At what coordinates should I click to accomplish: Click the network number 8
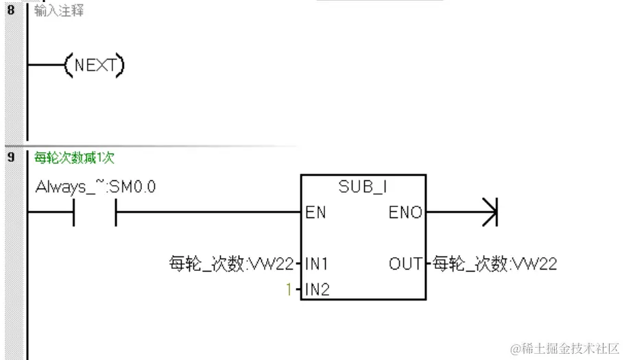[10, 11]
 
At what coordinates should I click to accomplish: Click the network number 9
[10, 157]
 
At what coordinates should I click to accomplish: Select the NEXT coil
[93, 66]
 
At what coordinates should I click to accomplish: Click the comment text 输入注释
[59, 11]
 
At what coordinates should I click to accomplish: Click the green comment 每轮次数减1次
[74, 158]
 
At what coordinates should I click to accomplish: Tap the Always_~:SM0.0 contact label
[95, 186]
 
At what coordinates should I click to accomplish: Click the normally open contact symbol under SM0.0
[95, 213]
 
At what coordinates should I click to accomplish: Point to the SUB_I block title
[363, 187]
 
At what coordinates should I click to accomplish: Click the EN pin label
[316, 213]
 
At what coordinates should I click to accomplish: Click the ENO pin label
[405, 213]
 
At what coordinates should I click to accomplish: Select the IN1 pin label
[317, 263]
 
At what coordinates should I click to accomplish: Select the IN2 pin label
[317, 289]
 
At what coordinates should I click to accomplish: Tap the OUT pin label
[405, 263]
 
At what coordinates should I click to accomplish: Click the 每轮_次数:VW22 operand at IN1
[231, 263]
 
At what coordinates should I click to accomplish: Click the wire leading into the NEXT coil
[45, 66]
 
